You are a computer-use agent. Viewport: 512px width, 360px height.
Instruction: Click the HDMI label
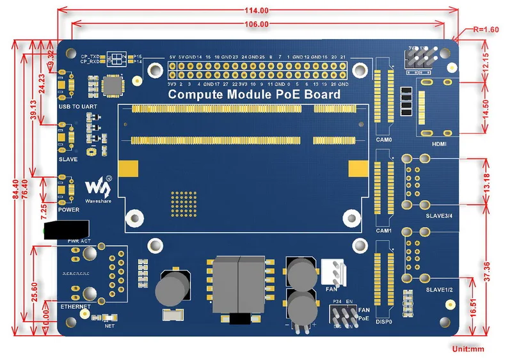coord(439,145)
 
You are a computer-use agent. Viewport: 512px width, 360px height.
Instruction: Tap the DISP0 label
coord(384,322)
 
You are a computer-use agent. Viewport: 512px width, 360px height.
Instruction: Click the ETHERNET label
coord(76,307)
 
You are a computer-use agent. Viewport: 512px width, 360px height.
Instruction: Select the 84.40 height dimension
coord(15,185)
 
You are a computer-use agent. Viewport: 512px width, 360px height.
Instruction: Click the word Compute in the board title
coord(195,95)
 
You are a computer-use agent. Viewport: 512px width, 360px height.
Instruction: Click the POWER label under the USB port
coord(69,210)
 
